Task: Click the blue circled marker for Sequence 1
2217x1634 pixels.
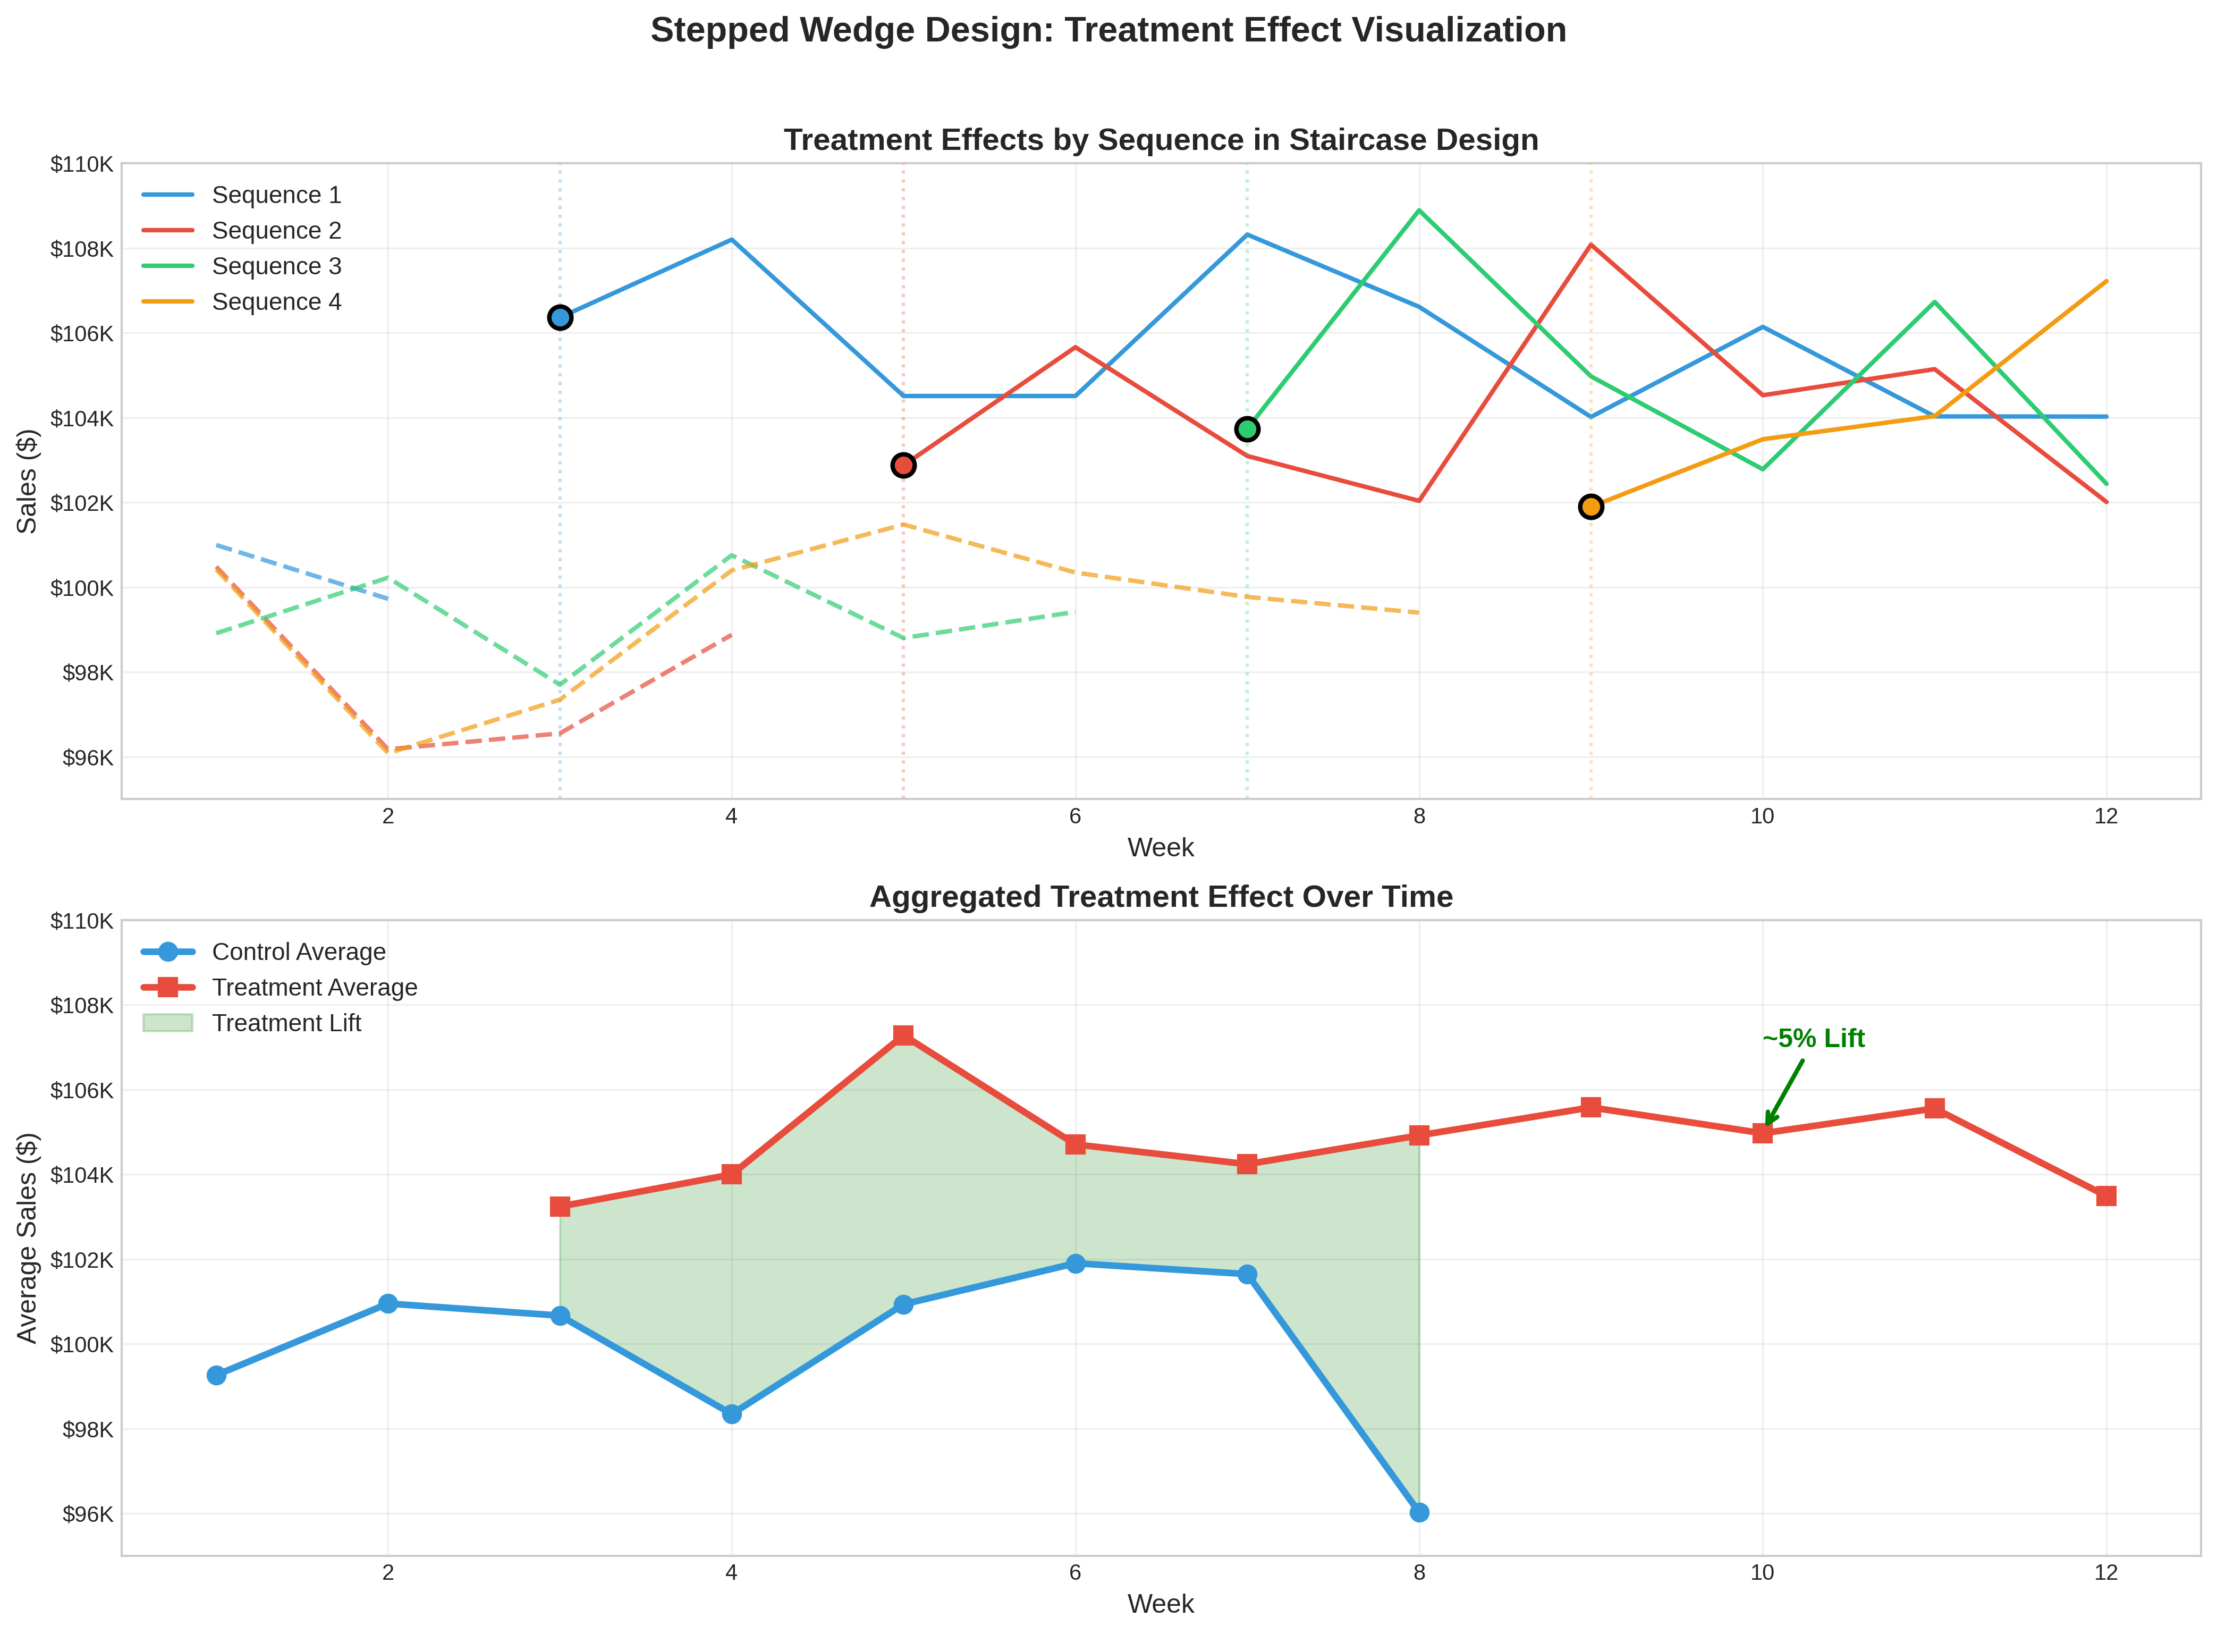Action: tap(560, 317)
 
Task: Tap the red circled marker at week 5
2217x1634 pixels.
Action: tap(903, 465)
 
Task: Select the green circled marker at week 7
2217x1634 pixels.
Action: tap(1247, 428)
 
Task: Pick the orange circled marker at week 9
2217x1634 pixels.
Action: tap(1590, 507)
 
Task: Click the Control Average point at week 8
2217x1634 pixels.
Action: tap(1419, 1512)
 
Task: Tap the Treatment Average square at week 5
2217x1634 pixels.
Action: tap(903, 1035)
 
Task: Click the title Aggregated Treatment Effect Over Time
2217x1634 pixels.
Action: tap(1161, 897)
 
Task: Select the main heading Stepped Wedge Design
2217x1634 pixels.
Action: tap(1107, 31)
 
